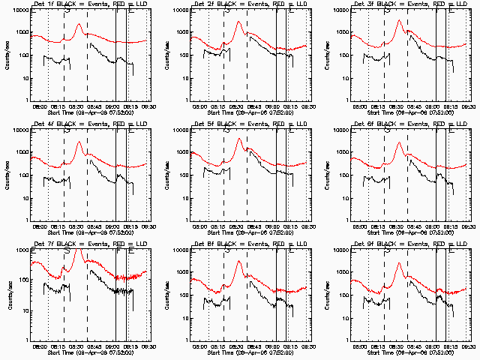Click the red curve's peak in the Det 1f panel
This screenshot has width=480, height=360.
79,24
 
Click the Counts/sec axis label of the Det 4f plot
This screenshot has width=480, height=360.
8,175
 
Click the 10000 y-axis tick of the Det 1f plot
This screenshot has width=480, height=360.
20,11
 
